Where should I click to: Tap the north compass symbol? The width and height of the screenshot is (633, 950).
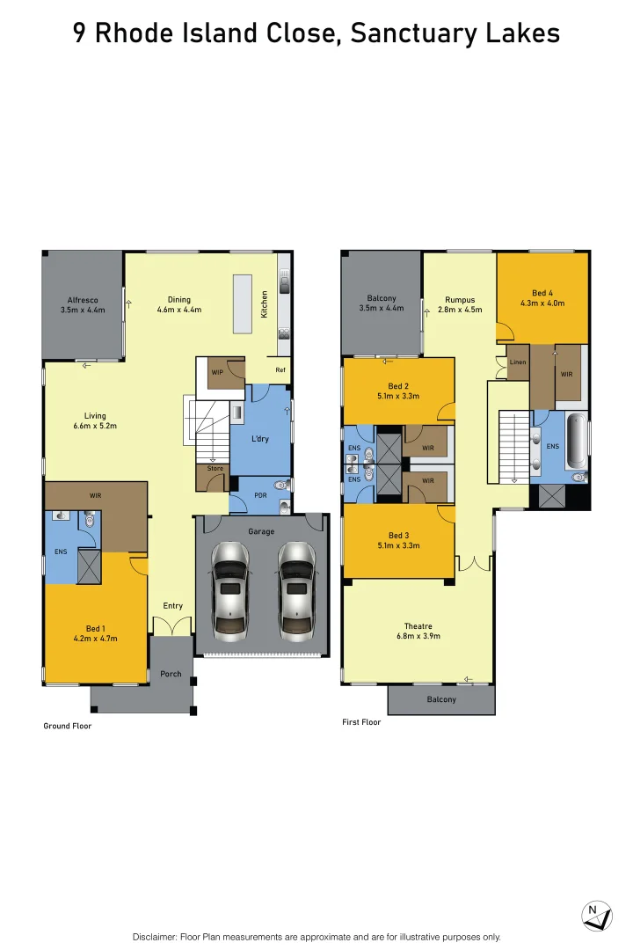(597, 915)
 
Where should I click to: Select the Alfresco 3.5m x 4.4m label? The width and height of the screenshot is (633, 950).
(83, 304)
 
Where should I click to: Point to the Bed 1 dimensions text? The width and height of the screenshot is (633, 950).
(96, 639)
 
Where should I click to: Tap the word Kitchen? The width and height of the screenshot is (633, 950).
(265, 304)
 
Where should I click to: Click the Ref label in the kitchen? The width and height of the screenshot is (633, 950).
(280, 370)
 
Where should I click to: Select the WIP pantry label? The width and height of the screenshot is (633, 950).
(216, 373)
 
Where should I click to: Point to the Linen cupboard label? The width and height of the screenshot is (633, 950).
(518, 362)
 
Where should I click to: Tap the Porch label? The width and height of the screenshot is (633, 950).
(171, 674)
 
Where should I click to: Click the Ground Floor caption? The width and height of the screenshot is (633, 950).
(68, 726)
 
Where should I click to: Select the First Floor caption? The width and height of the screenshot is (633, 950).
(361, 722)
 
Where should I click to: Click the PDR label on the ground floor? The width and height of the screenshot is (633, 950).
(260, 495)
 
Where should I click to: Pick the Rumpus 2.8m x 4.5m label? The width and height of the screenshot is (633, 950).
(460, 304)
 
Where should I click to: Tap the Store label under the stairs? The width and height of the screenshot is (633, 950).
(215, 468)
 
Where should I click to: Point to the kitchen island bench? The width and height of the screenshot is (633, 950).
(243, 304)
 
